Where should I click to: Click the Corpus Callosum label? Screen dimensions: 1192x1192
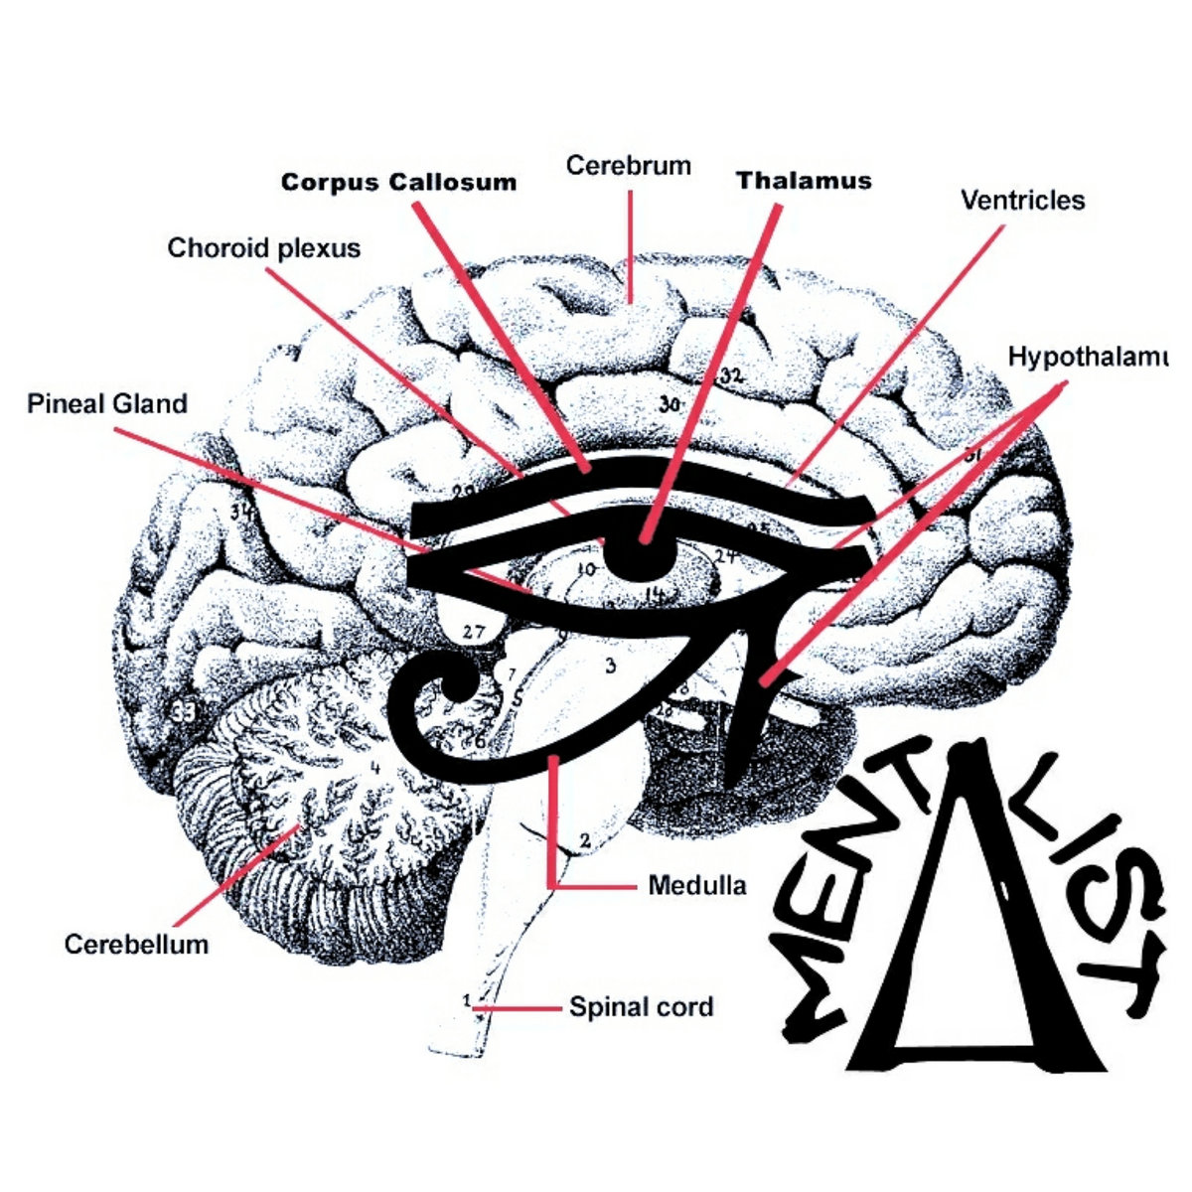tap(398, 183)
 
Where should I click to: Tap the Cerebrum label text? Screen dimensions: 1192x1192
tap(628, 165)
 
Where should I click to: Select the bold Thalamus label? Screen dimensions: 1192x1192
tap(804, 181)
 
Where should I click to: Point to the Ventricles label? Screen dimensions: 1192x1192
tap(1022, 201)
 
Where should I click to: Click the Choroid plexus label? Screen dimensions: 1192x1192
tap(263, 247)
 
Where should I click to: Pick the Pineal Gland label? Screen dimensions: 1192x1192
tap(107, 404)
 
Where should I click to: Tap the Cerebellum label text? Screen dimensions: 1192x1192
tap(136, 944)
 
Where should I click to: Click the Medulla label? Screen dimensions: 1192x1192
tap(696, 885)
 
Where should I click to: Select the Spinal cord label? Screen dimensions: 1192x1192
tap(641, 1007)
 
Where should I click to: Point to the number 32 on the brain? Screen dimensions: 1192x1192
tap(732, 375)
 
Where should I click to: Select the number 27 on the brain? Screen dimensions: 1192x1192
tap(474, 631)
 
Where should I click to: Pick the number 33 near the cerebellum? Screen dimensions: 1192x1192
tap(182, 711)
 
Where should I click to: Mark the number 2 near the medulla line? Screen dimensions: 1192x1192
tap(584, 840)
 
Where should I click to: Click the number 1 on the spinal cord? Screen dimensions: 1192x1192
tap(467, 999)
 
